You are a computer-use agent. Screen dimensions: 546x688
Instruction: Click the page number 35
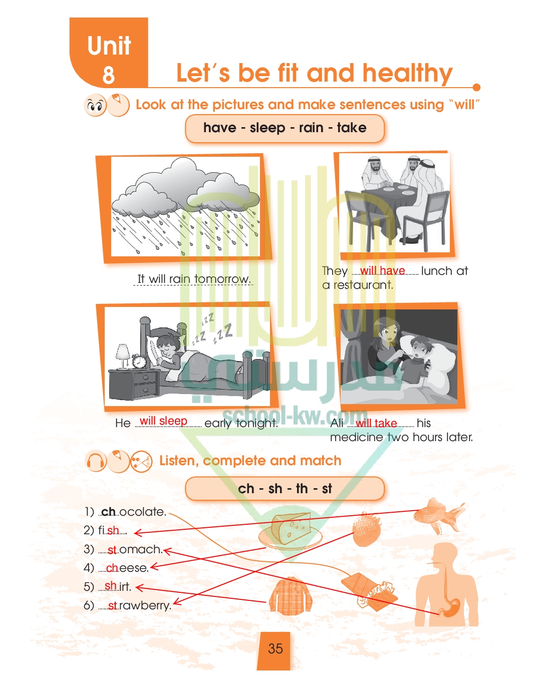click(x=275, y=648)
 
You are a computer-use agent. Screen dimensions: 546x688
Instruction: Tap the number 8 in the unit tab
click(x=108, y=75)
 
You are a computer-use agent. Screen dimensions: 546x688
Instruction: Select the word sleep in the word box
click(x=267, y=128)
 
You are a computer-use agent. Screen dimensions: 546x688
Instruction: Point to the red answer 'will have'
click(x=383, y=270)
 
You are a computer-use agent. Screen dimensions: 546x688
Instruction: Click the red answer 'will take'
click(x=376, y=423)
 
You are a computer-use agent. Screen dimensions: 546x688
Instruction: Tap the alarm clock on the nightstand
click(x=139, y=361)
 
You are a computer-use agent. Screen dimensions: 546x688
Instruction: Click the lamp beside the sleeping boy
click(x=123, y=356)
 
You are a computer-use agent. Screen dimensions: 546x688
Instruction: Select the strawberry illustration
click(x=367, y=529)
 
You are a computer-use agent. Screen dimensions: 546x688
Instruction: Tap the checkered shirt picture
click(x=291, y=595)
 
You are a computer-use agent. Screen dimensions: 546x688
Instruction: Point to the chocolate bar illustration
click(x=370, y=592)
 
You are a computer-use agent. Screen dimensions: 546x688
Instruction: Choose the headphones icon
click(x=96, y=462)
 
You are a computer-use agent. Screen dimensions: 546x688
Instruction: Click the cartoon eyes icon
click(x=95, y=105)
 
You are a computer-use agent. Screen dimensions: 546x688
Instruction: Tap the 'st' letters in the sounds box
click(x=327, y=489)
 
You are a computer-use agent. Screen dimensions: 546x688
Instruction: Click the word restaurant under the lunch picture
click(x=363, y=285)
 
